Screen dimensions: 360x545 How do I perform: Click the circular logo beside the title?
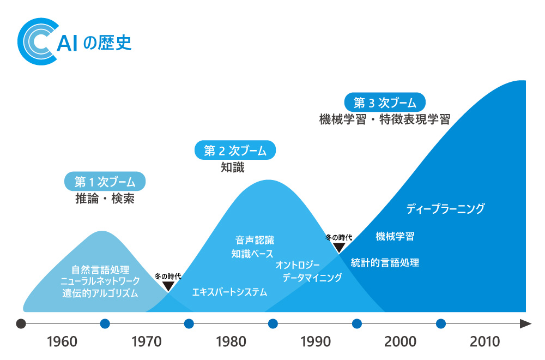[x=38, y=42]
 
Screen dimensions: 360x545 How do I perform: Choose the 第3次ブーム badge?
[x=385, y=102]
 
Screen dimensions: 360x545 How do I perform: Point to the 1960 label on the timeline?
[x=62, y=342]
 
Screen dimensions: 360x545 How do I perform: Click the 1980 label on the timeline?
[x=231, y=342]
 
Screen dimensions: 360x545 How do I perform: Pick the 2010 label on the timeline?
[x=485, y=342]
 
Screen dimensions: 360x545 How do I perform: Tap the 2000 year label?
[x=400, y=342]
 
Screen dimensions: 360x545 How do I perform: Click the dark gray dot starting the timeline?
[x=21, y=323]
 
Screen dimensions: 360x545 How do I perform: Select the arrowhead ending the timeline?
[x=525, y=323]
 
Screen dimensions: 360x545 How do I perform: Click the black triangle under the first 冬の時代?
[x=168, y=286]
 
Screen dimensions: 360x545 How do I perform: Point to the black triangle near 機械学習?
[x=339, y=248]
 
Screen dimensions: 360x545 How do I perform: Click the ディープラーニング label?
[x=445, y=208]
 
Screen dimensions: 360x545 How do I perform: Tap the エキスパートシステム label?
[x=229, y=292]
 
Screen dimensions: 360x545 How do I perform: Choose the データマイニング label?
[x=312, y=278]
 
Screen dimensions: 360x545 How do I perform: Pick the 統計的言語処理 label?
[x=385, y=262]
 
